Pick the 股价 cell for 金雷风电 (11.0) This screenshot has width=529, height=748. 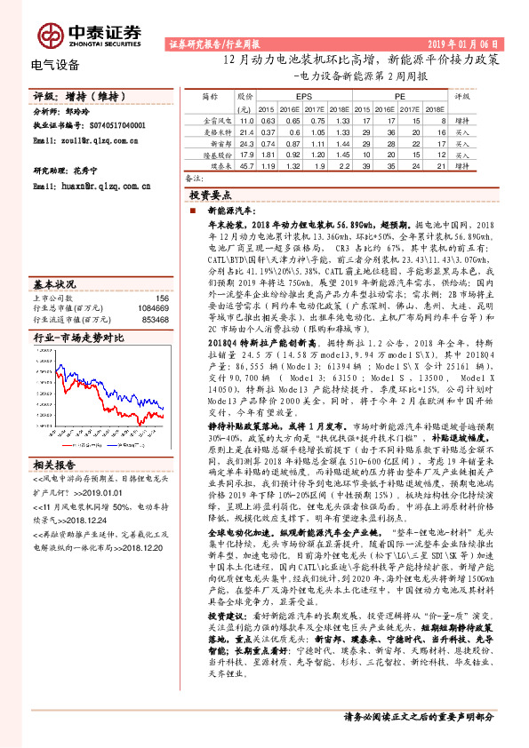click(247, 119)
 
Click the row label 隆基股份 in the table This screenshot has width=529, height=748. click(219, 153)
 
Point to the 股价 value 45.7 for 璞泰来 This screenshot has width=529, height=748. click(247, 164)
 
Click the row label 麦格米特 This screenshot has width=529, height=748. click(219, 131)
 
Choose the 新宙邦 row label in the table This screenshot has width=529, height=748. click(219, 142)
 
